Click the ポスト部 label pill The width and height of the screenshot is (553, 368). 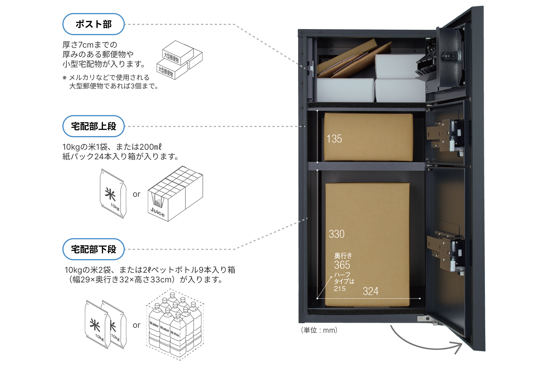pos(93,24)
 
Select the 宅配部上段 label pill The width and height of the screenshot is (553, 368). pos(93,126)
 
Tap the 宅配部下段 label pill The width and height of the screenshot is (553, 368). pos(93,249)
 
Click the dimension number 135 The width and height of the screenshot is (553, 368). pos(334,139)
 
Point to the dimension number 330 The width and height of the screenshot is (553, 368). pos(336,234)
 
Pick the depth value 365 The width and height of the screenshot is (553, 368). pos(342,265)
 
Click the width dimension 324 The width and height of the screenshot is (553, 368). pos(370,291)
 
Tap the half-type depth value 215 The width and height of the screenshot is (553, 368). pos(339,289)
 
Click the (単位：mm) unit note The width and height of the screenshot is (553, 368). pos(319,330)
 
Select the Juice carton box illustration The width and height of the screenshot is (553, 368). pos(175,194)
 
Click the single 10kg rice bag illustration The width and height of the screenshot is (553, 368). pos(113,194)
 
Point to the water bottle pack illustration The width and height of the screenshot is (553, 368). pos(175,325)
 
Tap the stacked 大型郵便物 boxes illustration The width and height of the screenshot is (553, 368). pos(179,60)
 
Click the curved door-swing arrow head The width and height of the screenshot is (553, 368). pos(457,347)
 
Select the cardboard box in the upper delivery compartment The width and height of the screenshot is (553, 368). pos(368,137)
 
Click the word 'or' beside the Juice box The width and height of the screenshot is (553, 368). pos(136,194)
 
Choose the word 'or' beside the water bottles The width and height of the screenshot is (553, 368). pos(136,325)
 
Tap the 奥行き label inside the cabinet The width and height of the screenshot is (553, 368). pos(343,255)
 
